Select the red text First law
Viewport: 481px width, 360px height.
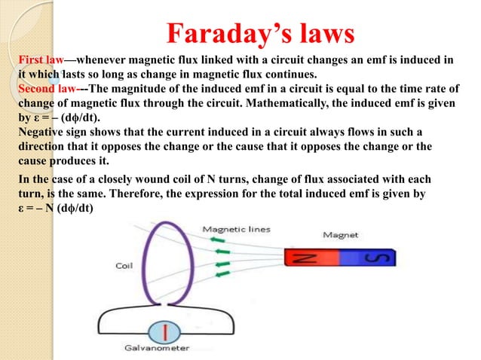tap(41, 60)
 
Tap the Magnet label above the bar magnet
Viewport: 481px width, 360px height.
tap(340, 234)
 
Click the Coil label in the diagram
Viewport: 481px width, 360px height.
tap(125, 265)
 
